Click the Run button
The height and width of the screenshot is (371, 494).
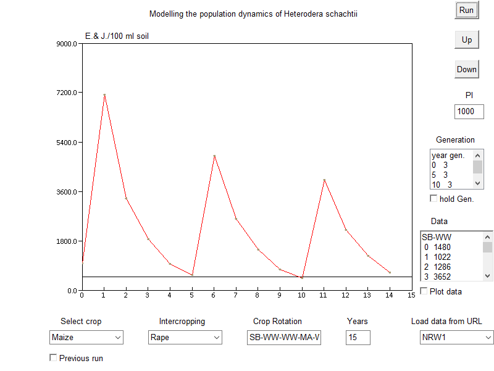tap(466, 10)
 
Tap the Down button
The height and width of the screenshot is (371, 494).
tap(466, 69)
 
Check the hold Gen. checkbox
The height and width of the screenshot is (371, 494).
tap(433, 198)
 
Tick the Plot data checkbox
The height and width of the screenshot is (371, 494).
tap(424, 291)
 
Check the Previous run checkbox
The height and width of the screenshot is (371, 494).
tap(53, 357)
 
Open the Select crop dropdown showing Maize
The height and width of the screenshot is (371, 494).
tap(86, 338)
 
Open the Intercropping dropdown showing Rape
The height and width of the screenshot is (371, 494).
tap(185, 338)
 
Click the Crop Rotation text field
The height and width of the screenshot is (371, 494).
tap(284, 338)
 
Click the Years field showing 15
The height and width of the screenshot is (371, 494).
tap(358, 338)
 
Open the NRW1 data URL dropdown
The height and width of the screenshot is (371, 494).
tap(457, 338)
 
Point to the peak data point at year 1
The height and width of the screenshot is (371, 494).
tap(104, 95)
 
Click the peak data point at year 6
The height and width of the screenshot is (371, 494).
tap(214, 156)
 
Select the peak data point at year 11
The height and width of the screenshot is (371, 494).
tap(324, 180)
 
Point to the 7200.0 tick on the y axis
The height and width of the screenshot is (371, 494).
tap(66, 93)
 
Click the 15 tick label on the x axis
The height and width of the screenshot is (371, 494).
tap(411, 295)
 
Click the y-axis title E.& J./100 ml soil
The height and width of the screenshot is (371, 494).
tap(117, 36)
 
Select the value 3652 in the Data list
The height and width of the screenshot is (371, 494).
tap(442, 276)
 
